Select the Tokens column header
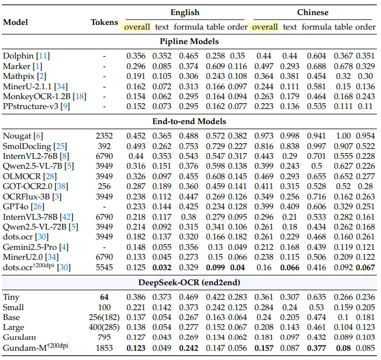(104, 22)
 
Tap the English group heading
(184, 12)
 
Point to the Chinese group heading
(313, 12)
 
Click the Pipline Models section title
(190, 42)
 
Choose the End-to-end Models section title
(190, 121)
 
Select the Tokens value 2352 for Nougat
(104, 135)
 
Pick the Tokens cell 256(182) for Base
(104, 317)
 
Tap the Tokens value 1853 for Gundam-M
(104, 348)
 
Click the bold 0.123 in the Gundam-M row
(137, 348)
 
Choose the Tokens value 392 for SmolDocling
(104, 146)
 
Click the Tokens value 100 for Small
(104, 307)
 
